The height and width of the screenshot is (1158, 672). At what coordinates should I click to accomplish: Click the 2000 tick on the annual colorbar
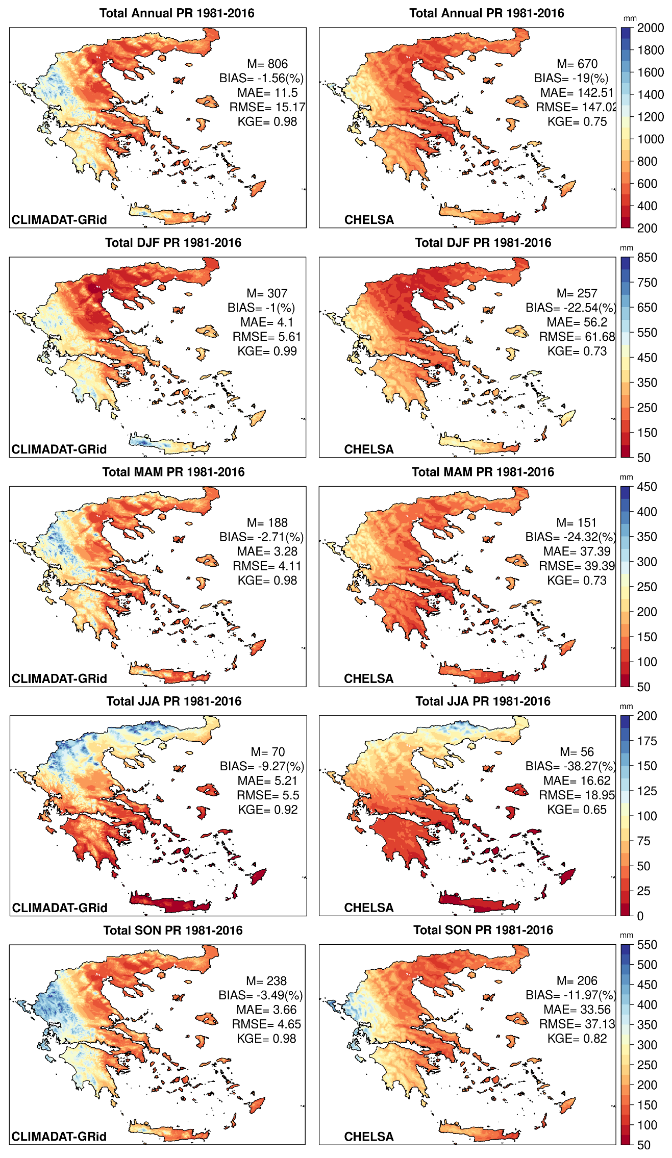pyautogui.click(x=650, y=28)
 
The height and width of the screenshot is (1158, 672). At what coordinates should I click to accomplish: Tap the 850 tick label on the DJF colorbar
pyautogui.click(x=647, y=258)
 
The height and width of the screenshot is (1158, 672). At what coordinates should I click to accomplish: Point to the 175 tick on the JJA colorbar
pyautogui.click(x=646, y=741)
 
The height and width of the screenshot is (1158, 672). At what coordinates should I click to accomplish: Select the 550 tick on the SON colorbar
pyautogui.click(x=647, y=945)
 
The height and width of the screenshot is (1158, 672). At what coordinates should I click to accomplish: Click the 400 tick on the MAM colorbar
pyautogui.click(x=646, y=512)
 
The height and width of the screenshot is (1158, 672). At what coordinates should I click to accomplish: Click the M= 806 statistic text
pyautogui.click(x=267, y=64)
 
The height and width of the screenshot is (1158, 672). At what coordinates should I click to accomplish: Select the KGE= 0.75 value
pyautogui.click(x=577, y=122)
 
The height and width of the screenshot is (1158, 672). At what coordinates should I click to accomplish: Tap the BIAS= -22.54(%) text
pyautogui.click(x=570, y=308)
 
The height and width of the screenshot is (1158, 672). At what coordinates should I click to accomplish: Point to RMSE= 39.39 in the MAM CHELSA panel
pyautogui.click(x=577, y=566)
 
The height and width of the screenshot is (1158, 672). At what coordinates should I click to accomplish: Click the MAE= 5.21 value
pyautogui.click(x=267, y=781)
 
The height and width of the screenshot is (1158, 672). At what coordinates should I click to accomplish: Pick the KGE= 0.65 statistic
pyautogui.click(x=577, y=810)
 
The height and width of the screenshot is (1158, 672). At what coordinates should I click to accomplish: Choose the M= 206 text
pyautogui.click(x=577, y=981)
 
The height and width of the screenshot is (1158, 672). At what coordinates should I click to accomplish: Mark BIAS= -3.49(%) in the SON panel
pyautogui.click(x=260, y=996)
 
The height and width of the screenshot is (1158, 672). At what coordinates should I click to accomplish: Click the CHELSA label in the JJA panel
pyautogui.click(x=368, y=908)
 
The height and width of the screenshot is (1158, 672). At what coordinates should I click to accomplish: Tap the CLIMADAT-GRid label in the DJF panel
pyautogui.click(x=59, y=449)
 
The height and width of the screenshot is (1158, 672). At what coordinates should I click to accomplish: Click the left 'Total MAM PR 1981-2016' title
pyautogui.click(x=173, y=472)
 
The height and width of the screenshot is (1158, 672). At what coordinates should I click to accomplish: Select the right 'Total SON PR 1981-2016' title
pyautogui.click(x=483, y=930)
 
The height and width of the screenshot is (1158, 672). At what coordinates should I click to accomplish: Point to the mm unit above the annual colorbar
pyautogui.click(x=630, y=18)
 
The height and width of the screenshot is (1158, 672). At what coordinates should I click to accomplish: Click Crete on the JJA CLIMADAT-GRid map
pyautogui.click(x=168, y=903)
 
